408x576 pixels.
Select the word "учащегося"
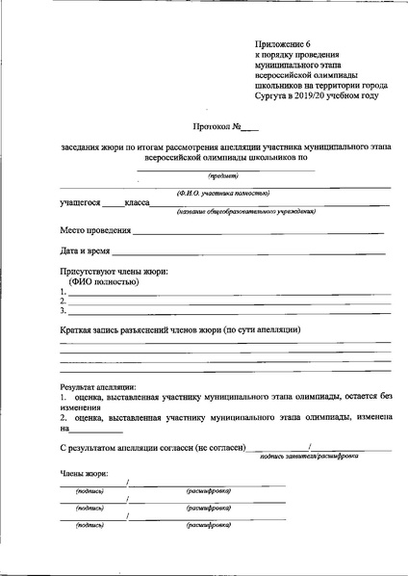80,204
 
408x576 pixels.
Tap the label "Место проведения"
95,231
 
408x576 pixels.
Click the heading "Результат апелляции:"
98,387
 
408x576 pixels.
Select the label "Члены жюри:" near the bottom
84,473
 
